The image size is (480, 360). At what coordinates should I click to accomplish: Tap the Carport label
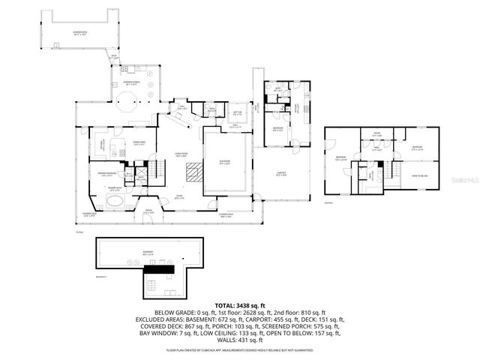[281, 175]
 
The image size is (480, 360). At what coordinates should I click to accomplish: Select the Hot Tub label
[237, 115]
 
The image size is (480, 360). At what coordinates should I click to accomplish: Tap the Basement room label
[148, 253]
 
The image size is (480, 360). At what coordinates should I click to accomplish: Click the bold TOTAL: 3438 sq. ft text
[239, 304]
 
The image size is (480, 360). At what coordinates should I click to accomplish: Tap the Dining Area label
[138, 142]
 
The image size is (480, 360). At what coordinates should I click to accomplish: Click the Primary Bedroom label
[104, 174]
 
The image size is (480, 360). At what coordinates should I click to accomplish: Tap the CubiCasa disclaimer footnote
[239, 349]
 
